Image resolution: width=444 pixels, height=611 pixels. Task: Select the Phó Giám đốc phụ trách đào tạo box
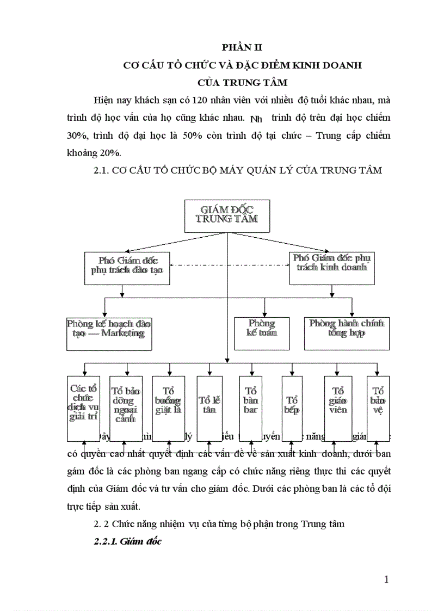[128, 268]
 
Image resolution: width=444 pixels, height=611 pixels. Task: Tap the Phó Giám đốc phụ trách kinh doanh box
[331, 268]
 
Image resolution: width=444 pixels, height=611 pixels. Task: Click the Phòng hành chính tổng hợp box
[347, 333]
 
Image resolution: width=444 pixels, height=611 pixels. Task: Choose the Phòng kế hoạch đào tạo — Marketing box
[109, 333]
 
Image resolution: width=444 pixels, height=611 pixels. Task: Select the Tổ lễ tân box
[209, 408]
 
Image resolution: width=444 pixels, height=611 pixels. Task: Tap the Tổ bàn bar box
[251, 408]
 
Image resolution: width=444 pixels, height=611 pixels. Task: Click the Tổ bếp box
[292, 408]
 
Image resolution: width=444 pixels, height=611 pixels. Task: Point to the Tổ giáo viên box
[338, 408]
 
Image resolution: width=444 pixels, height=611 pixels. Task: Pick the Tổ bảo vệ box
[378, 408]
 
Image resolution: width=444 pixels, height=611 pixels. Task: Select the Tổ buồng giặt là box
[168, 408]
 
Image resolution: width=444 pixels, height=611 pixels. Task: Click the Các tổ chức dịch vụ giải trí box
[83, 408]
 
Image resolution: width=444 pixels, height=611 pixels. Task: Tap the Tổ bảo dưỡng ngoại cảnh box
[126, 408]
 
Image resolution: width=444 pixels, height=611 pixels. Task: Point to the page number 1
[386, 579]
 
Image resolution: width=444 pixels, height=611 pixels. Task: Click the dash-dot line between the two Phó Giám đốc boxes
[229, 266]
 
